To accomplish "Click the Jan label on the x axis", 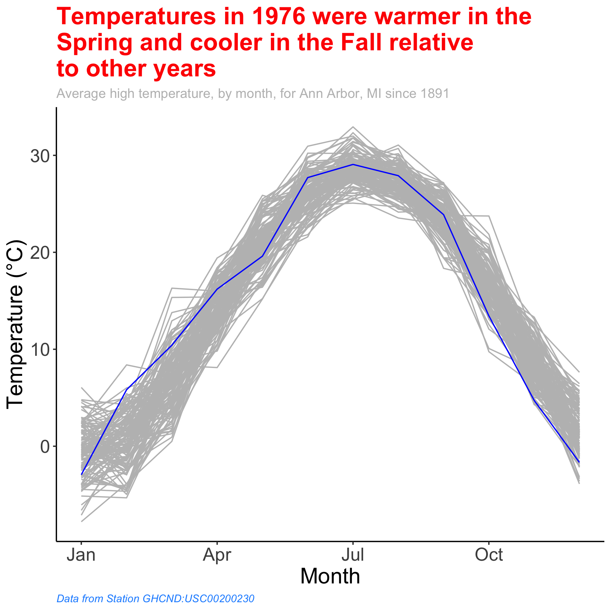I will pyautogui.click(x=81, y=555).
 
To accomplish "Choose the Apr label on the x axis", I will pyautogui.click(x=217, y=555).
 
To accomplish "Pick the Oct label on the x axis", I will pyautogui.click(x=489, y=555).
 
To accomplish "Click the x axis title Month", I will pyautogui.click(x=330, y=576).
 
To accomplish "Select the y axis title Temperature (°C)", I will pyautogui.click(x=15, y=325).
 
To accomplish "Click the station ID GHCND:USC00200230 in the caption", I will pyautogui.click(x=198, y=599).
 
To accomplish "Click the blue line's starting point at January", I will pyautogui.click(x=82, y=474).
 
